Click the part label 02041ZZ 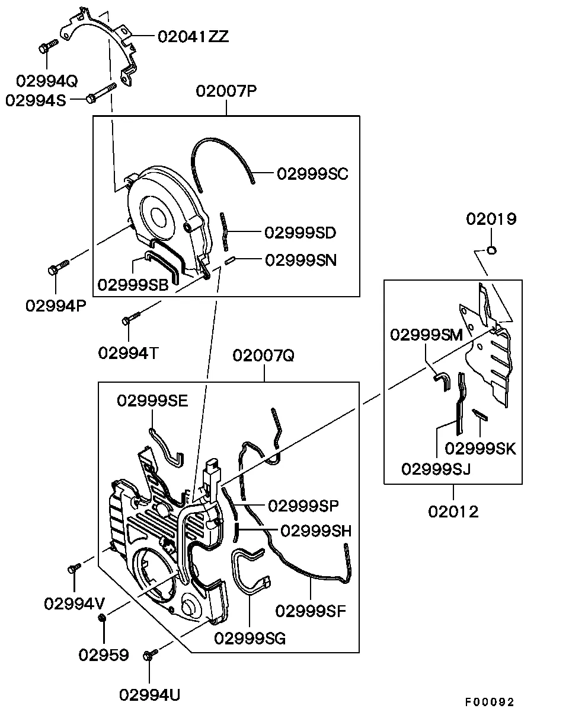tap(193, 36)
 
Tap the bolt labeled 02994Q tap(47, 47)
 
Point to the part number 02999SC tap(312, 174)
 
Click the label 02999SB tap(133, 285)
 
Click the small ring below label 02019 tap(491, 250)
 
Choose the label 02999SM tap(426, 335)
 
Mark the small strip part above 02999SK tap(479, 414)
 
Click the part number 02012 tap(453, 511)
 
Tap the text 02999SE tap(152, 401)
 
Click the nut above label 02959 tap(102, 619)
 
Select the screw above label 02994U tap(149, 655)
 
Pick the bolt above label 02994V tap(74, 568)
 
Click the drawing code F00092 tap(490, 702)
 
